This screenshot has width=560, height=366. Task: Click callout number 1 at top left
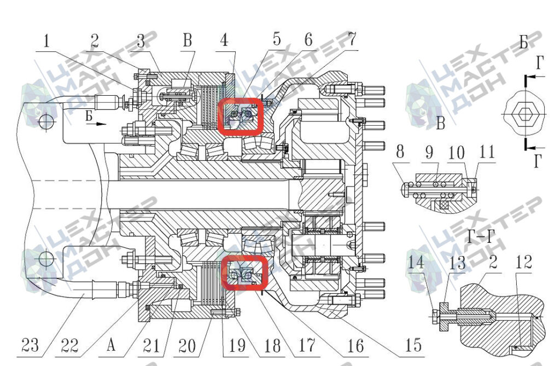point(46,40)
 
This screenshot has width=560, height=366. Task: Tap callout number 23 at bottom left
point(30,345)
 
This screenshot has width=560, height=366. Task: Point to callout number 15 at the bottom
point(413,345)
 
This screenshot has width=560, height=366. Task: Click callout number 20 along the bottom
point(187,346)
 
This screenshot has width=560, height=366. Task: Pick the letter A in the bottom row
point(111,345)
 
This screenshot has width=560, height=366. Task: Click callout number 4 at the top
point(224,40)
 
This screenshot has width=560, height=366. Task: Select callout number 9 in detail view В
point(429,152)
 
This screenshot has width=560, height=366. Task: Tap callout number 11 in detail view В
point(487,152)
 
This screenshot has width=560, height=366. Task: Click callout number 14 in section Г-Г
point(416,262)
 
